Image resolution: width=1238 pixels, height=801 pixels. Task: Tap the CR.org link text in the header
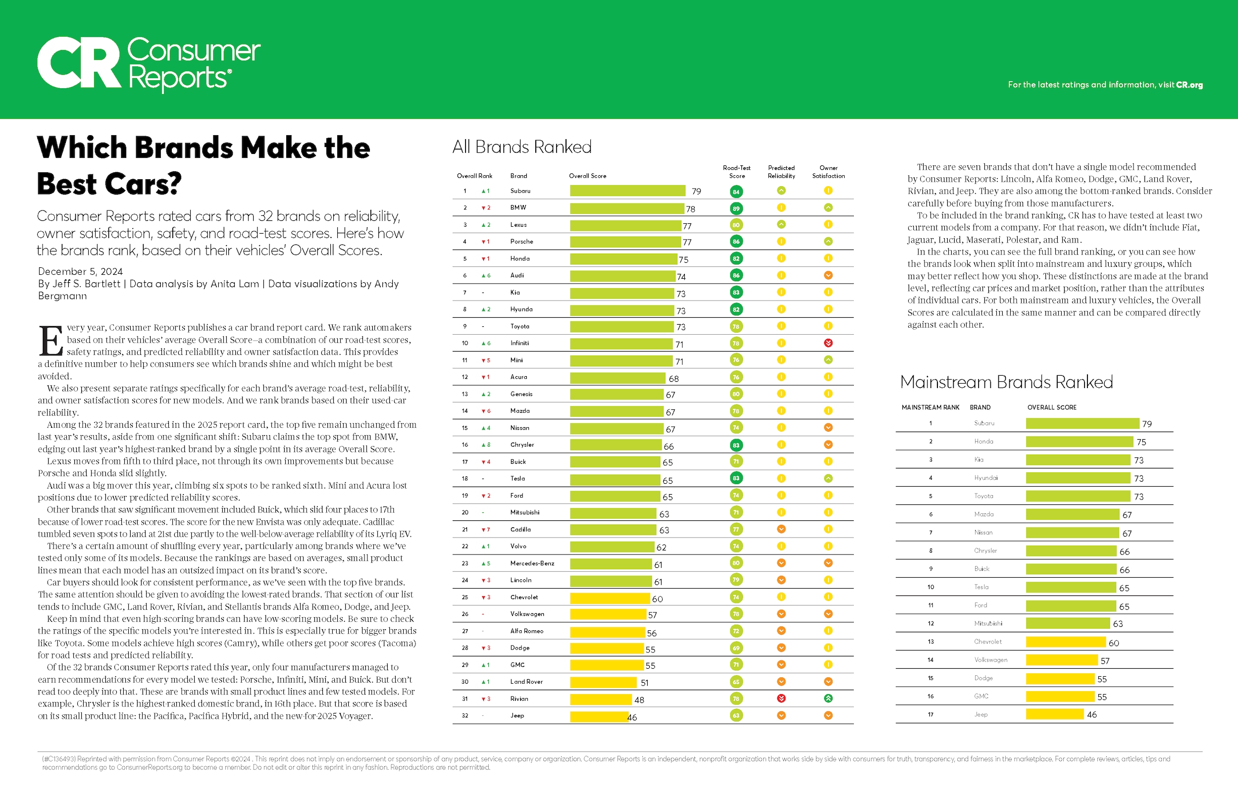pos(1189,85)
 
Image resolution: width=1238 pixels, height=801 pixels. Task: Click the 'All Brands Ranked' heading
pos(522,147)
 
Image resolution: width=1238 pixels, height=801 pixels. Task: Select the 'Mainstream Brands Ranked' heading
pos(1006,382)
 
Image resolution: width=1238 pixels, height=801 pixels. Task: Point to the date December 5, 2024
pos(81,271)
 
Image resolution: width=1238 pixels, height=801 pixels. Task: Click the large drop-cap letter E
pos(51,341)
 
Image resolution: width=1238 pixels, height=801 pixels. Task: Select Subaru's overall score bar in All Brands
pos(627,191)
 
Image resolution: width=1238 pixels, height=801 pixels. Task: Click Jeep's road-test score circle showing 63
pos(736,716)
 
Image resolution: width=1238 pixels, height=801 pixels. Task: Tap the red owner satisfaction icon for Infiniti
pos(828,343)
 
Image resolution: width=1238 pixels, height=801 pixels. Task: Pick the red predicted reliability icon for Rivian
pos(781,699)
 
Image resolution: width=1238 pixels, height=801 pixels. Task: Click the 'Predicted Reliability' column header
pos(781,172)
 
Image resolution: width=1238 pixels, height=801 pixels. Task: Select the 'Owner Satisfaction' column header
pos(828,172)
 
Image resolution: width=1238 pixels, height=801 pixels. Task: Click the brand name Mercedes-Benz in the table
pos(532,563)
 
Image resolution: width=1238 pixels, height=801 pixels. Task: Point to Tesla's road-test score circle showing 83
pos(736,479)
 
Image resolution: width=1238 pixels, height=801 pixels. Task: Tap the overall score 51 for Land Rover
pos(644,683)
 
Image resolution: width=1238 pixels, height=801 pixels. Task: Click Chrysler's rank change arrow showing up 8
pos(486,445)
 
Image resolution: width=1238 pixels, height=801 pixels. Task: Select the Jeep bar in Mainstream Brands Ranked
pos(1054,715)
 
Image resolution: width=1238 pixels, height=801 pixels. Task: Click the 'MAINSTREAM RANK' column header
pos(930,408)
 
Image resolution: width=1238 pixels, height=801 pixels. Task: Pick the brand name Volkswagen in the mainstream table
pos(990,660)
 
